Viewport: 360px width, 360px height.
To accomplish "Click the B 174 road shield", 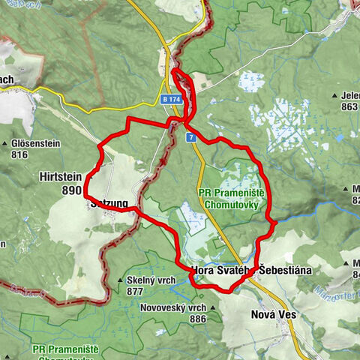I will [x=172, y=99].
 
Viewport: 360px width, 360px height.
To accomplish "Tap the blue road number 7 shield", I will [x=192, y=138].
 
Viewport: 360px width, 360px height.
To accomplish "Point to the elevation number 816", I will [x=19, y=155].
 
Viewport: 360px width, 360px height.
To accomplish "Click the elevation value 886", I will [x=197, y=319].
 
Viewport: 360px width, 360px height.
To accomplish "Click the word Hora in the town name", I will [x=205, y=269].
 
